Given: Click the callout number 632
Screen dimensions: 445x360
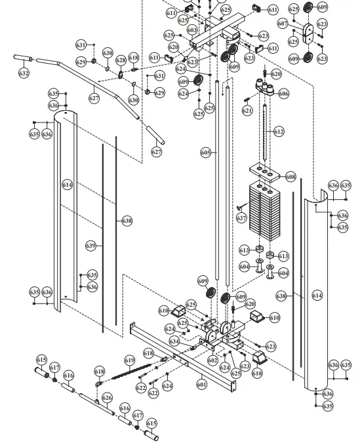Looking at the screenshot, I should pyautogui.click(x=24, y=73).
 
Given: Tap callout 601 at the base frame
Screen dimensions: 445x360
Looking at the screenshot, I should pyautogui.click(x=201, y=385).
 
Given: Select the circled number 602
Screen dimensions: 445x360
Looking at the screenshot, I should pyautogui.click(x=212, y=360).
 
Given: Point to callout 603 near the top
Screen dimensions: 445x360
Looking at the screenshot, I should pyautogui.click(x=192, y=30).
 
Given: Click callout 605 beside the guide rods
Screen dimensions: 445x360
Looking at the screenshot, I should pyautogui.click(x=205, y=152).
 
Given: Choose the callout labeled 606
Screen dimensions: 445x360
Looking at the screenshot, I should pyautogui.click(x=283, y=94).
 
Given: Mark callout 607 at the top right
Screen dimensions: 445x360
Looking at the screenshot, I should pyautogui.click(x=283, y=23).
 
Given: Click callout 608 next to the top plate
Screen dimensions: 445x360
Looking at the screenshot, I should pyautogui.click(x=290, y=177).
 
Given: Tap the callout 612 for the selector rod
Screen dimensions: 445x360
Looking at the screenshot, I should pyautogui.click(x=279, y=132).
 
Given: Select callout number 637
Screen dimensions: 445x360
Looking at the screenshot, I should pyautogui.click(x=241, y=217).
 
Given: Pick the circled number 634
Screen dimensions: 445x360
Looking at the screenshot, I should pyautogui.click(x=174, y=341).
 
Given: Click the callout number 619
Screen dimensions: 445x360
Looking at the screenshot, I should pyautogui.click(x=129, y=360).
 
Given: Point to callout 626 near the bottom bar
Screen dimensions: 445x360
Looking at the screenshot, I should pyautogui.click(x=107, y=398).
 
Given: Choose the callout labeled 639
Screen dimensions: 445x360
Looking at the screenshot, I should pyautogui.click(x=91, y=245).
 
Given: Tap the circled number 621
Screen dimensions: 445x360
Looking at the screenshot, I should pyautogui.click(x=247, y=111).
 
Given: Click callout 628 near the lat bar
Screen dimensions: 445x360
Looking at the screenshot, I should pyautogui.click(x=121, y=60).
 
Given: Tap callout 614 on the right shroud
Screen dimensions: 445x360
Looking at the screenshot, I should pyautogui.click(x=317, y=296).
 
